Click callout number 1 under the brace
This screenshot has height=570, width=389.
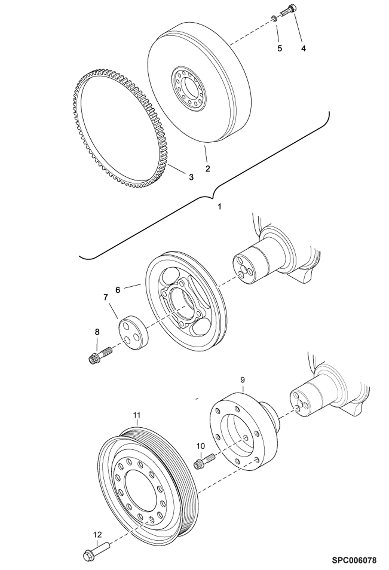pos(219,207)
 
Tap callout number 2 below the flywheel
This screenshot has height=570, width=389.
pos(207,168)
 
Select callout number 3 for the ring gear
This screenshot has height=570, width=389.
pos(191,177)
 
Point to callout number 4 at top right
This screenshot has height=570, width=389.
pos(303,48)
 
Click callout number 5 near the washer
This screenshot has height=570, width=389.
pos(280,49)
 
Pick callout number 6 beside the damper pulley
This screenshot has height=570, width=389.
pos(118,290)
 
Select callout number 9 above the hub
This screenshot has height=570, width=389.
pos(243,380)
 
